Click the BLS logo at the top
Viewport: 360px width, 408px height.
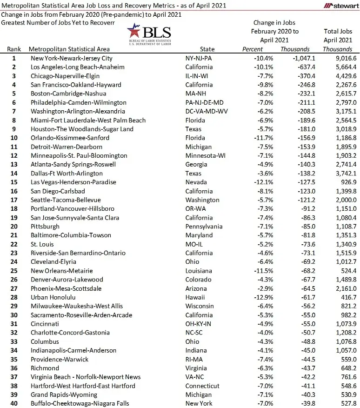click(x=149, y=34)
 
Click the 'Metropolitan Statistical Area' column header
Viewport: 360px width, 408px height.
click(x=69, y=49)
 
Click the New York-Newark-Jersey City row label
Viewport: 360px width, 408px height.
click(x=72, y=58)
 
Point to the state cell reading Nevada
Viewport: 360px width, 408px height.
click(x=196, y=182)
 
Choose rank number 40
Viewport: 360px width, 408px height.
click(x=14, y=403)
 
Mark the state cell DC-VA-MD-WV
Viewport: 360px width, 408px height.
click(x=206, y=111)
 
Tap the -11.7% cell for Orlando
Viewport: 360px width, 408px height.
click(x=263, y=138)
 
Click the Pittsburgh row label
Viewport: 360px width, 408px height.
click(x=45, y=227)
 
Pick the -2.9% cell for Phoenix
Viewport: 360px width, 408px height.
click(x=265, y=288)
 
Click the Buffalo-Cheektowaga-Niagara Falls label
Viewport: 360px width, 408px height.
click(x=80, y=403)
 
